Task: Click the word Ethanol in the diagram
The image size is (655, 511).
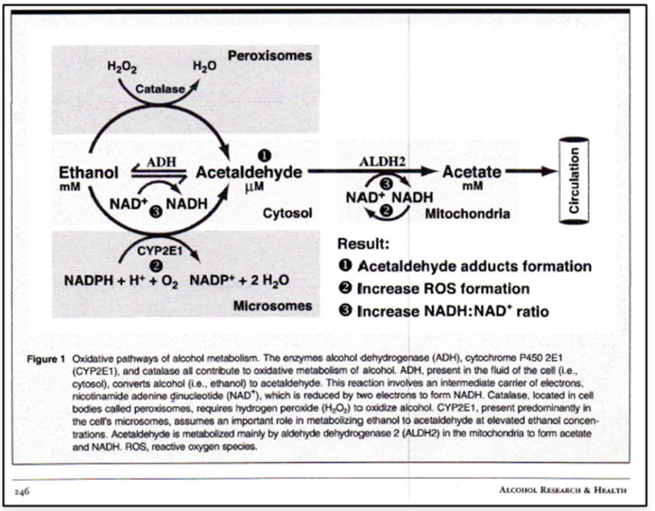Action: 88,173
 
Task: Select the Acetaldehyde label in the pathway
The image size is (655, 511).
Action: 249,173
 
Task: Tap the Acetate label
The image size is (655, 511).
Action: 471,172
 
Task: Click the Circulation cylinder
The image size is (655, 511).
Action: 574,181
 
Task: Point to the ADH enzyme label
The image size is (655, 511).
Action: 161,162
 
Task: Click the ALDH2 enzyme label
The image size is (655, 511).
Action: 382,162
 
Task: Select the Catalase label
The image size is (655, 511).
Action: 160,89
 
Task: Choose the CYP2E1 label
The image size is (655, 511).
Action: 159,251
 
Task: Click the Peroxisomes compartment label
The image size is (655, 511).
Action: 270,56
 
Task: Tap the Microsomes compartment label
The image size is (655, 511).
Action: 272,306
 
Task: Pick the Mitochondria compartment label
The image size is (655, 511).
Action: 468,214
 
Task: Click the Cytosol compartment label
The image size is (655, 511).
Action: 287,213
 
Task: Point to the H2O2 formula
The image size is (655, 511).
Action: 122,67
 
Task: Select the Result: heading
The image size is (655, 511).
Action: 363,244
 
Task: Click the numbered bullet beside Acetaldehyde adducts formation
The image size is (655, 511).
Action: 345,265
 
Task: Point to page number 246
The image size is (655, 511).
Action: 22,491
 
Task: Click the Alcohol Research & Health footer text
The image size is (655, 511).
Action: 563,490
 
